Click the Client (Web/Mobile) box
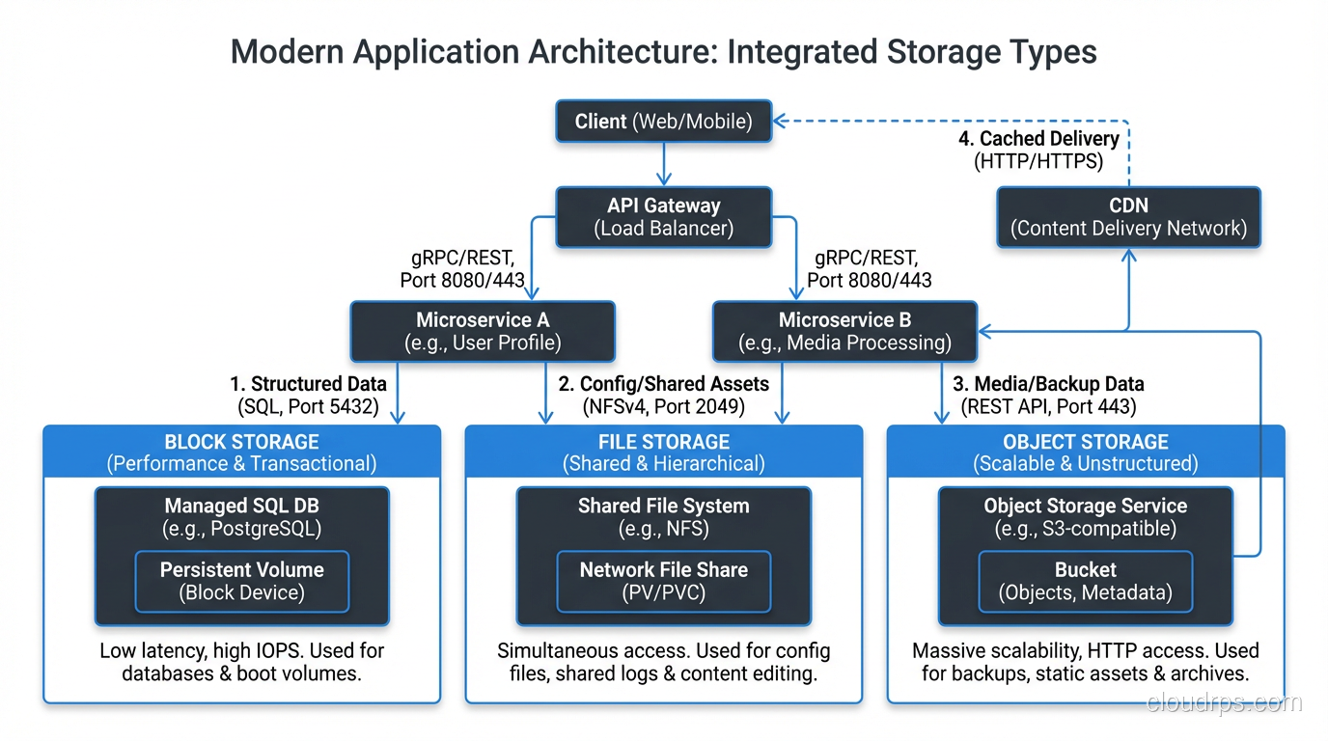pyautogui.click(x=663, y=122)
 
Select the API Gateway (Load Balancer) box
pyautogui.click(x=663, y=216)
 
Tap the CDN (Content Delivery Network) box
pyautogui.click(x=1128, y=216)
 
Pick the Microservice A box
pyautogui.click(x=482, y=331)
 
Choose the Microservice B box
pyautogui.click(x=844, y=331)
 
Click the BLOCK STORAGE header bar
pyautogui.click(x=241, y=452)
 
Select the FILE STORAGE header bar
pyautogui.click(x=663, y=452)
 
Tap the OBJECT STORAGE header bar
pyautogui.click(x=1086, y=452)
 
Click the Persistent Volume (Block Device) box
pyautogui.click(x=241, y=581)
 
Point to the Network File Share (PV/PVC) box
pyautogui.click(x=663, y=581)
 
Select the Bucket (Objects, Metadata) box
pyautogui.click(x=1085, y=581)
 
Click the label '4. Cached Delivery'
pyautogui.click(x=1038, y=139)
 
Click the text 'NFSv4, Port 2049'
pyautogui.click(x=663, y=406)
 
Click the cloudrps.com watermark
pyautogui.click(x=1224, y=703)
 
